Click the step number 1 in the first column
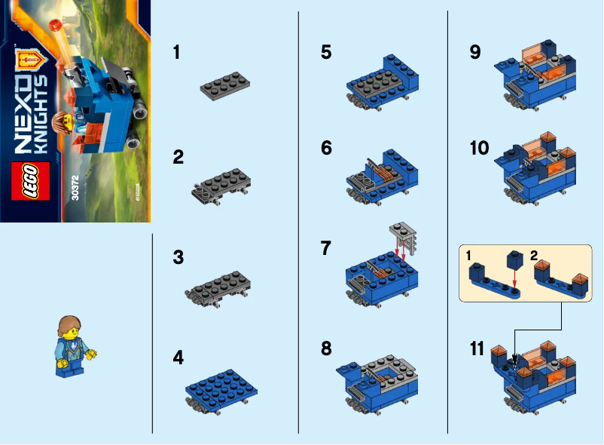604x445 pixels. click(176, 53)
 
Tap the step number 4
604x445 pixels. click(178, 358)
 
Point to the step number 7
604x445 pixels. click(325, 248)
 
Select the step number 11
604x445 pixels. click(477, 349)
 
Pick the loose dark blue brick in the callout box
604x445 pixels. click(515, 260)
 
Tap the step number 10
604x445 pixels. click(479, 148)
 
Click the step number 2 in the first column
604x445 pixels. click(178, 157)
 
